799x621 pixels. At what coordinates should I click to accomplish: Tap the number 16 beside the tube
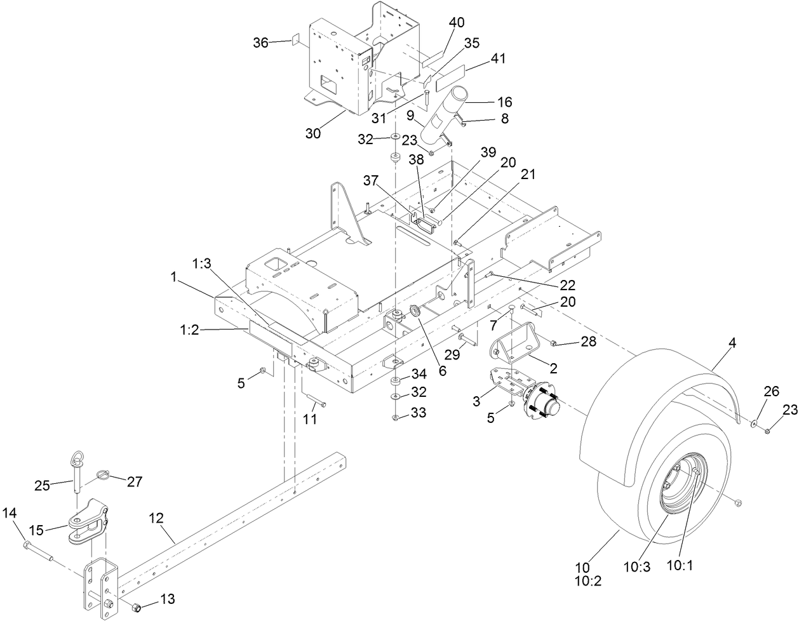pos(504,102)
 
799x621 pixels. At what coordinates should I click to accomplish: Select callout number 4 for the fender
pos(732,344)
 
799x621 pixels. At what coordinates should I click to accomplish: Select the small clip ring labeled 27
pos(106,474)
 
